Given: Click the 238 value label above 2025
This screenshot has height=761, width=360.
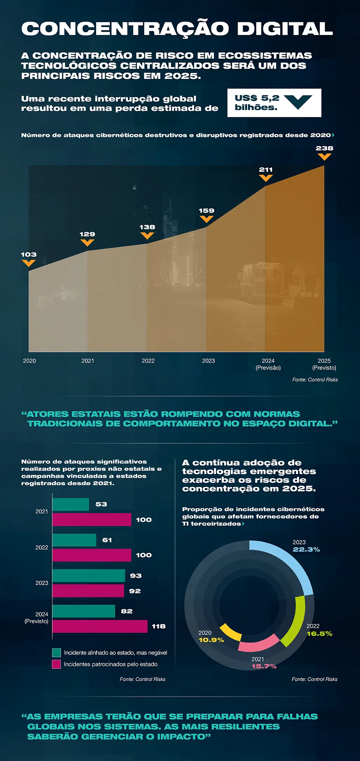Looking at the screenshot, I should click(324, 148).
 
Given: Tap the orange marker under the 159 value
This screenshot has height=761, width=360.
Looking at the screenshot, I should click(206, 219).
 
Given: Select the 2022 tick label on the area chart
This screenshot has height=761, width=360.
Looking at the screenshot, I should click(148, 361).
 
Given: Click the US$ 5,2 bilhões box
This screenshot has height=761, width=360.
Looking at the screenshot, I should click(274, 103).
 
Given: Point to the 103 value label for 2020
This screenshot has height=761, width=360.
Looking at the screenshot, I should click(29, 255).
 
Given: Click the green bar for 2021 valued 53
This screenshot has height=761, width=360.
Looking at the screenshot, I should click(71, 504).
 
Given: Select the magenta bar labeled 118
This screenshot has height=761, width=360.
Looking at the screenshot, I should click(100, 626).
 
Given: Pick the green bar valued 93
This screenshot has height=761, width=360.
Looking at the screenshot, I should click(89, 575).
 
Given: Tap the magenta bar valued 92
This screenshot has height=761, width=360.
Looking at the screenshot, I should click(88, 591).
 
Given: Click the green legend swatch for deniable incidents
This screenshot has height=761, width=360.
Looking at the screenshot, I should click(57, 653).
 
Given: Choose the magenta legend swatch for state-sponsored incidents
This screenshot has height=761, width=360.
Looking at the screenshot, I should click(57, 664).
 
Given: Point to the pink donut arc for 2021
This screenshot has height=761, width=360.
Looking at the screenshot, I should click(258, 643).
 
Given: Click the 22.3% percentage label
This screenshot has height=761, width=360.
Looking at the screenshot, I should click(306, 549).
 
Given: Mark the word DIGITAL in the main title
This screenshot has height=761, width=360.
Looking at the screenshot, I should click(285, 29).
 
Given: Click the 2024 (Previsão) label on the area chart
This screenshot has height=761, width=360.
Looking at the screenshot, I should click(268, 364).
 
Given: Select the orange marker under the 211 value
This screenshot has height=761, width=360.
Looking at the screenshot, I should click(266, 178).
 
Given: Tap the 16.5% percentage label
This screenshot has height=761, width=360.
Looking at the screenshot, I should click(319, 634).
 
